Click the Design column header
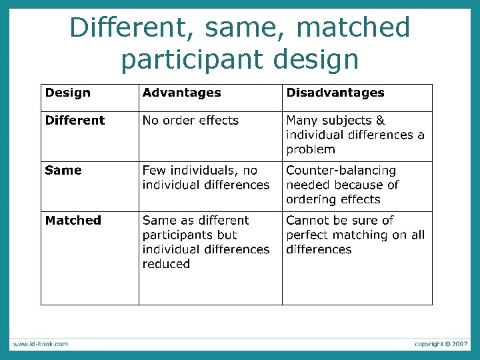(x=67, y=93)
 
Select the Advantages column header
(x=181, y=93)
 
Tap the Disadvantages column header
(x=335, y=93)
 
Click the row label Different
(x=75, y=121)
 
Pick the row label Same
(x=63, y=170)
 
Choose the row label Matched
(x=73, y=220)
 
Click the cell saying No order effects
(x=190, y=121)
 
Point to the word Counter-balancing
(x=341, y=171)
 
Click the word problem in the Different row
(x=311, y=149)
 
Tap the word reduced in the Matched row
(x=166, y=264)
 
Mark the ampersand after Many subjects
(x=381, y=121)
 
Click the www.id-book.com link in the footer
(x=40, y=344)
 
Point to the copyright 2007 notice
(x=441, y=344)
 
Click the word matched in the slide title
(x=353, y=28)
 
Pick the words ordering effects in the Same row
(x=333, y=199)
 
